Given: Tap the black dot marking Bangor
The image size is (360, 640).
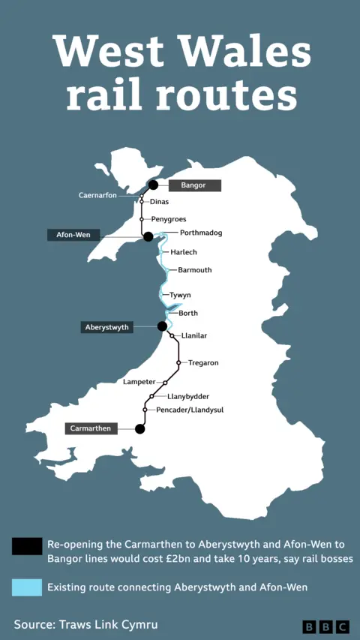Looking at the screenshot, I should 153,185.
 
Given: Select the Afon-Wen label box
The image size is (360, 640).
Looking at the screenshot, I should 73,235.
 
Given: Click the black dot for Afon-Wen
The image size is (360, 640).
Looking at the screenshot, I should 148,236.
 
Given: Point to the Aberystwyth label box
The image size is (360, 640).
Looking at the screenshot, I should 106,327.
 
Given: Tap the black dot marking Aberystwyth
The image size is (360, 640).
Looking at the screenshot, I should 162,326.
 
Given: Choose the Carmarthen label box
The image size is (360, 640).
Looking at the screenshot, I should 91,428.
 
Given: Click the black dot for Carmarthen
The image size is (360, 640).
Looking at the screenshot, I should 139,429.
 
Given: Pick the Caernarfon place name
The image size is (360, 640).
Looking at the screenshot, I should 97,196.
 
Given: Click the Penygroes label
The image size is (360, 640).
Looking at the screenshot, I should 168,219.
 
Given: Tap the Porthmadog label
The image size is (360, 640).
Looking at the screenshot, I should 196,233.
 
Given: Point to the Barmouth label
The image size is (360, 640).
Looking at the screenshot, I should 195,269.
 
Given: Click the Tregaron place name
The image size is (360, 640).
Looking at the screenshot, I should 203,363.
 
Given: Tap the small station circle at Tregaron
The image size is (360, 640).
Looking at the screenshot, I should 178,363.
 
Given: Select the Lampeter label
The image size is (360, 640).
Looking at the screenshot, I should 139,382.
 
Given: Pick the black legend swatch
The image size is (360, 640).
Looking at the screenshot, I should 26,546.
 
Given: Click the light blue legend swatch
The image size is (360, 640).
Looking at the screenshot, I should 26,587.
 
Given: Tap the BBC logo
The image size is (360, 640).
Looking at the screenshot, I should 326,626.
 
